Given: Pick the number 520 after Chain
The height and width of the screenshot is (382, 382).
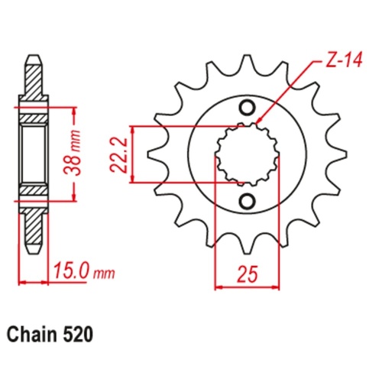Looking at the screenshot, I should click(x=81, y=335).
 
